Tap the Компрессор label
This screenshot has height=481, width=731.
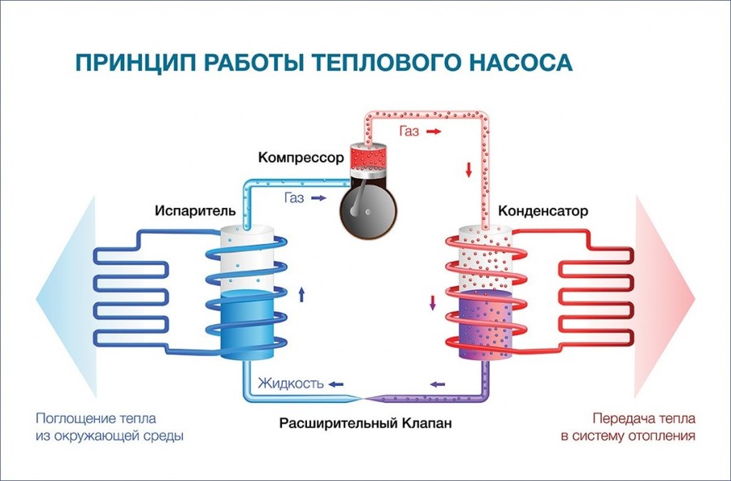pos(301,158)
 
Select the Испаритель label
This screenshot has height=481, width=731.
pos(195,210)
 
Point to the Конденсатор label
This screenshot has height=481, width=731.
pos(543,211)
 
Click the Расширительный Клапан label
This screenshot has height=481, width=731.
pos(365,423)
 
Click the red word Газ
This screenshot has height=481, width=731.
pos(409,131)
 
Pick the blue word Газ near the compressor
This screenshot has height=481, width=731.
pos(294,197)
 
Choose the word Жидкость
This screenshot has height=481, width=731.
pos(291,383)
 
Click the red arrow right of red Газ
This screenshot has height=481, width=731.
pos(434,132)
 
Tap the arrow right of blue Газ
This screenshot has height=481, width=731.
pos(319,198)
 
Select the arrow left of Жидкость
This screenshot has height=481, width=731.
pos(336,384)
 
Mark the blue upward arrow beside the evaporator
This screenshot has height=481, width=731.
pos(301,294)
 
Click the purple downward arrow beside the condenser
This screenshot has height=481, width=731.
pos(432,303)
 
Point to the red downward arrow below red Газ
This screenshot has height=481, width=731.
pos(469,170)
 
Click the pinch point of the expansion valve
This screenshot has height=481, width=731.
pos(364,398)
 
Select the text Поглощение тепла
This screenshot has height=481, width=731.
pos(96,418)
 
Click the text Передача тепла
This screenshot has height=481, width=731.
pos(644,418)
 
